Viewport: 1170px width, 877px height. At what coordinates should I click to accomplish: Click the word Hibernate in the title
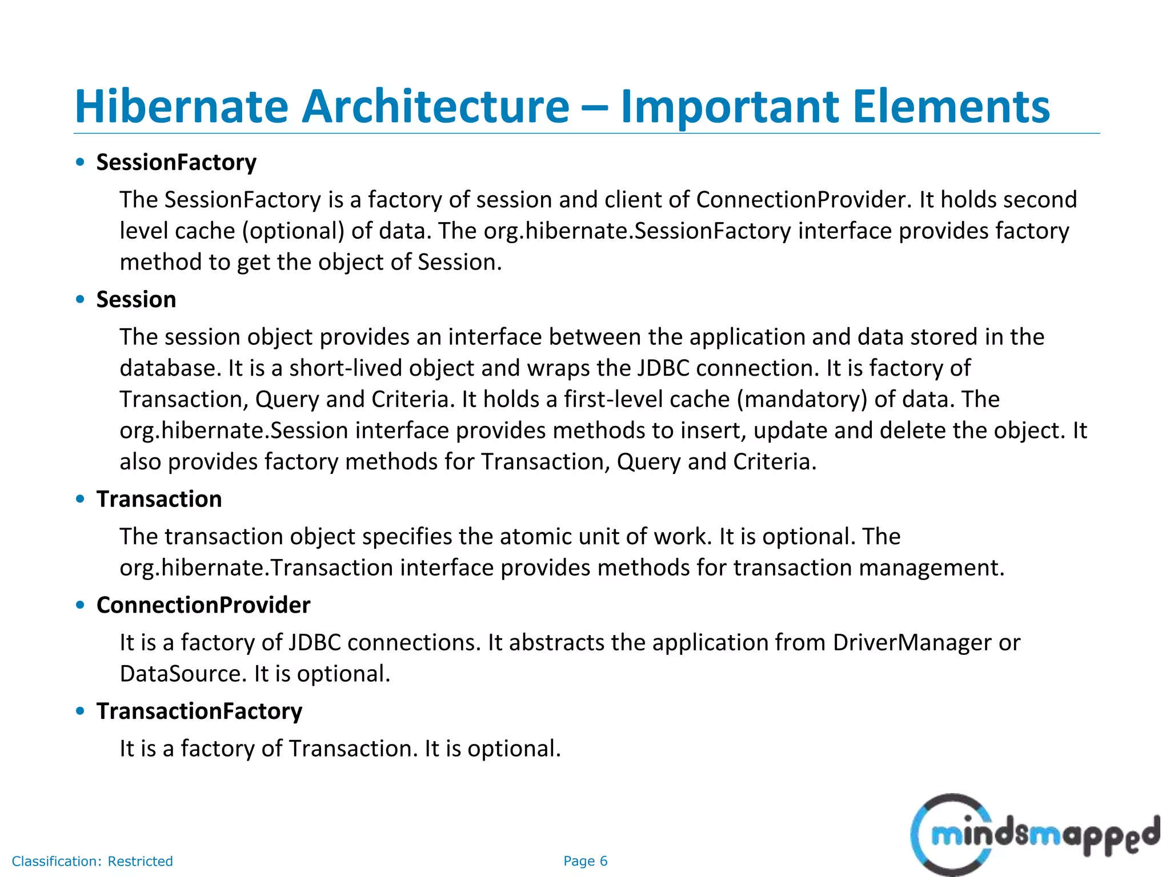[x=182, y=106]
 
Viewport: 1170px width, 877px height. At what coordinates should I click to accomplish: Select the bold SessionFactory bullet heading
[x=176, y=163]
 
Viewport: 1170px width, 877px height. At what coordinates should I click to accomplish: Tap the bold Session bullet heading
[x=136, y=300]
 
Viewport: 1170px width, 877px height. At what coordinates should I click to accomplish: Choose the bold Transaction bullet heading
[x=159, y=499]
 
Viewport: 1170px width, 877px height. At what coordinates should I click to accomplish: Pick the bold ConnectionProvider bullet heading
[x=203, y=605]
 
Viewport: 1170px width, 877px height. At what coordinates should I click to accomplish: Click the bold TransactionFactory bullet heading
[x=199, y=711]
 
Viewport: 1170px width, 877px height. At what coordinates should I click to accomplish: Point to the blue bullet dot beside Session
[x=80, y=299]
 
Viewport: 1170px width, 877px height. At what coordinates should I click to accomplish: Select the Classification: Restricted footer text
[x=92, y=861]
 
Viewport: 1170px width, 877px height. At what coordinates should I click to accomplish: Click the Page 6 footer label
[x=585, y=861]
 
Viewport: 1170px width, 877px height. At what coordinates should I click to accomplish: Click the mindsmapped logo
[x=1034, y=835]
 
